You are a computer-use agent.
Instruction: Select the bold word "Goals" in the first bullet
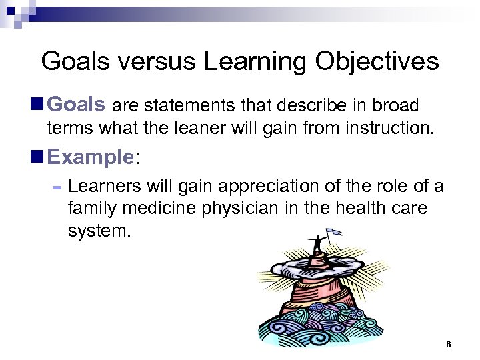pyautogui.click(x=77, y=105)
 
